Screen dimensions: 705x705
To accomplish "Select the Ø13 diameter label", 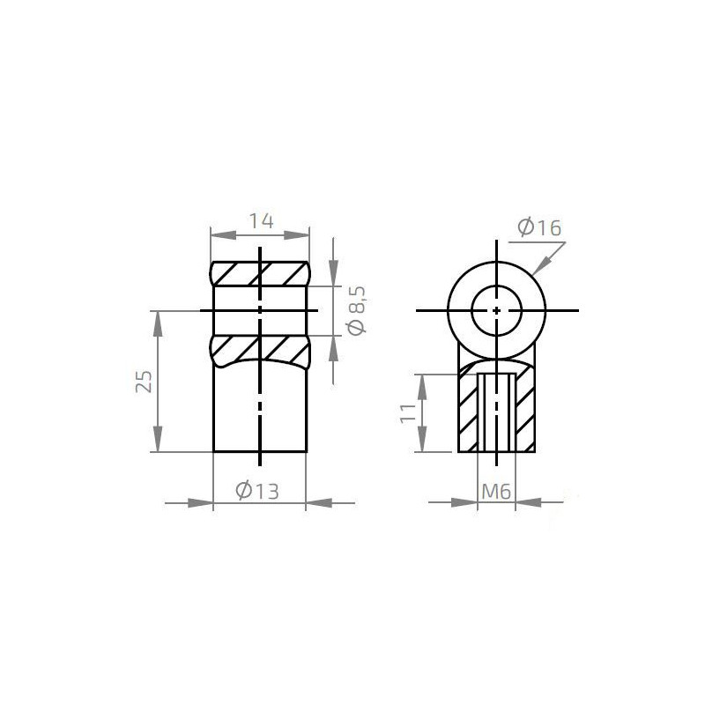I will (259, 492).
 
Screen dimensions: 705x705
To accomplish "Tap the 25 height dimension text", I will (146, 381).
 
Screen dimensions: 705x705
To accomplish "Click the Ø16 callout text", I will (539, 227).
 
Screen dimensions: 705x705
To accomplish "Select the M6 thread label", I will (496, 492).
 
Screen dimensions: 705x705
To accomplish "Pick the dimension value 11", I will (408, 414).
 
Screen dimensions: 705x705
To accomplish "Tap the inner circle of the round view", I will (497, 310).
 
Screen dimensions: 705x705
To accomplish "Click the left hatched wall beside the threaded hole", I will (467, 410).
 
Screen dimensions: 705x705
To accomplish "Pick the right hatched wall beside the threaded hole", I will (526, 410).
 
